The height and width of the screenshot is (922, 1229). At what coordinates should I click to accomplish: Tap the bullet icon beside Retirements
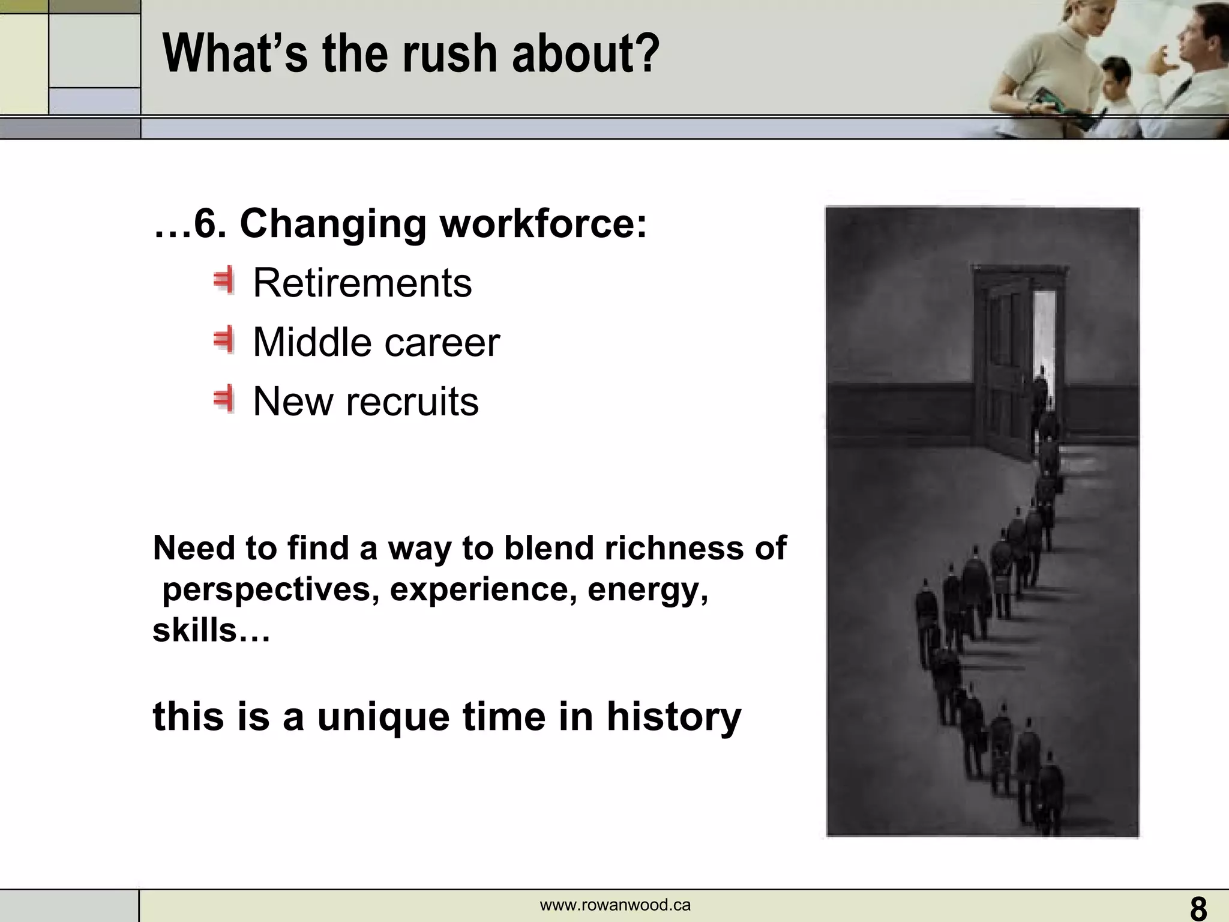coord(223,282)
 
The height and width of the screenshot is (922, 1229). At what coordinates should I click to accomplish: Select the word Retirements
coord(362,283)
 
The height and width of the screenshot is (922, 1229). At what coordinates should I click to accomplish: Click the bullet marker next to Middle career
coord(223,341)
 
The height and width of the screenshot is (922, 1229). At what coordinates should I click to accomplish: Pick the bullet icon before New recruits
coord(223,400)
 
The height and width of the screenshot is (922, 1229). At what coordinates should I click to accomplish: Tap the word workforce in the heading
coord(544,224)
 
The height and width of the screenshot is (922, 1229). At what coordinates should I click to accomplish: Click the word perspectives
coord(271,590)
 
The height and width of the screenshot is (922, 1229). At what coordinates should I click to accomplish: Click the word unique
coord(383,716)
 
